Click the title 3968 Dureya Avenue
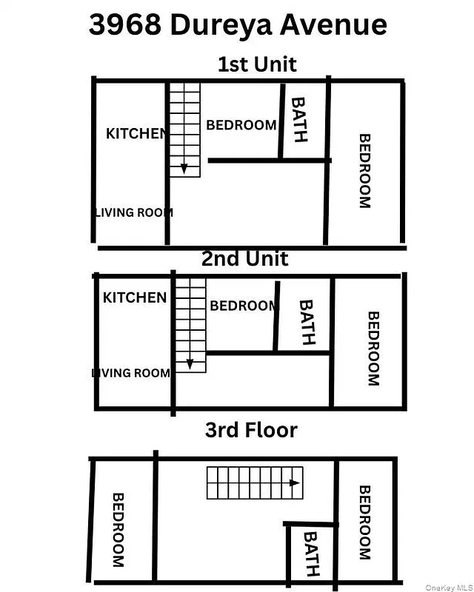(238, 24)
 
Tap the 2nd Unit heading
(244, 258)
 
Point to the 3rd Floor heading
(251, 430)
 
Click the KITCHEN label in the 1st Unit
(137, 134)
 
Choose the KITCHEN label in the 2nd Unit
(134, 297)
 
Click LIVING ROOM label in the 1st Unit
(134, 212)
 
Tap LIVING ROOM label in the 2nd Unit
(131, 373)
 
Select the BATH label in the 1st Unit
(298, 119)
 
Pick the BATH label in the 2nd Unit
(306, 322)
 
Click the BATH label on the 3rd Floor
(311, 554)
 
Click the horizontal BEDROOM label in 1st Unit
(241, 125)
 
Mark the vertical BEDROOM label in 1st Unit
(364, 171)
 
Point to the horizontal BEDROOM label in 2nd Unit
(242, 306)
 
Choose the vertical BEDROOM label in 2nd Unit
(373, 348)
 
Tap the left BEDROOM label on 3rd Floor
(117, 530)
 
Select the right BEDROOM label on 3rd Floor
(364, 522)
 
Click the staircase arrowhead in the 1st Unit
(184, 170)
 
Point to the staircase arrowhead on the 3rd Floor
(295, 483)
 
